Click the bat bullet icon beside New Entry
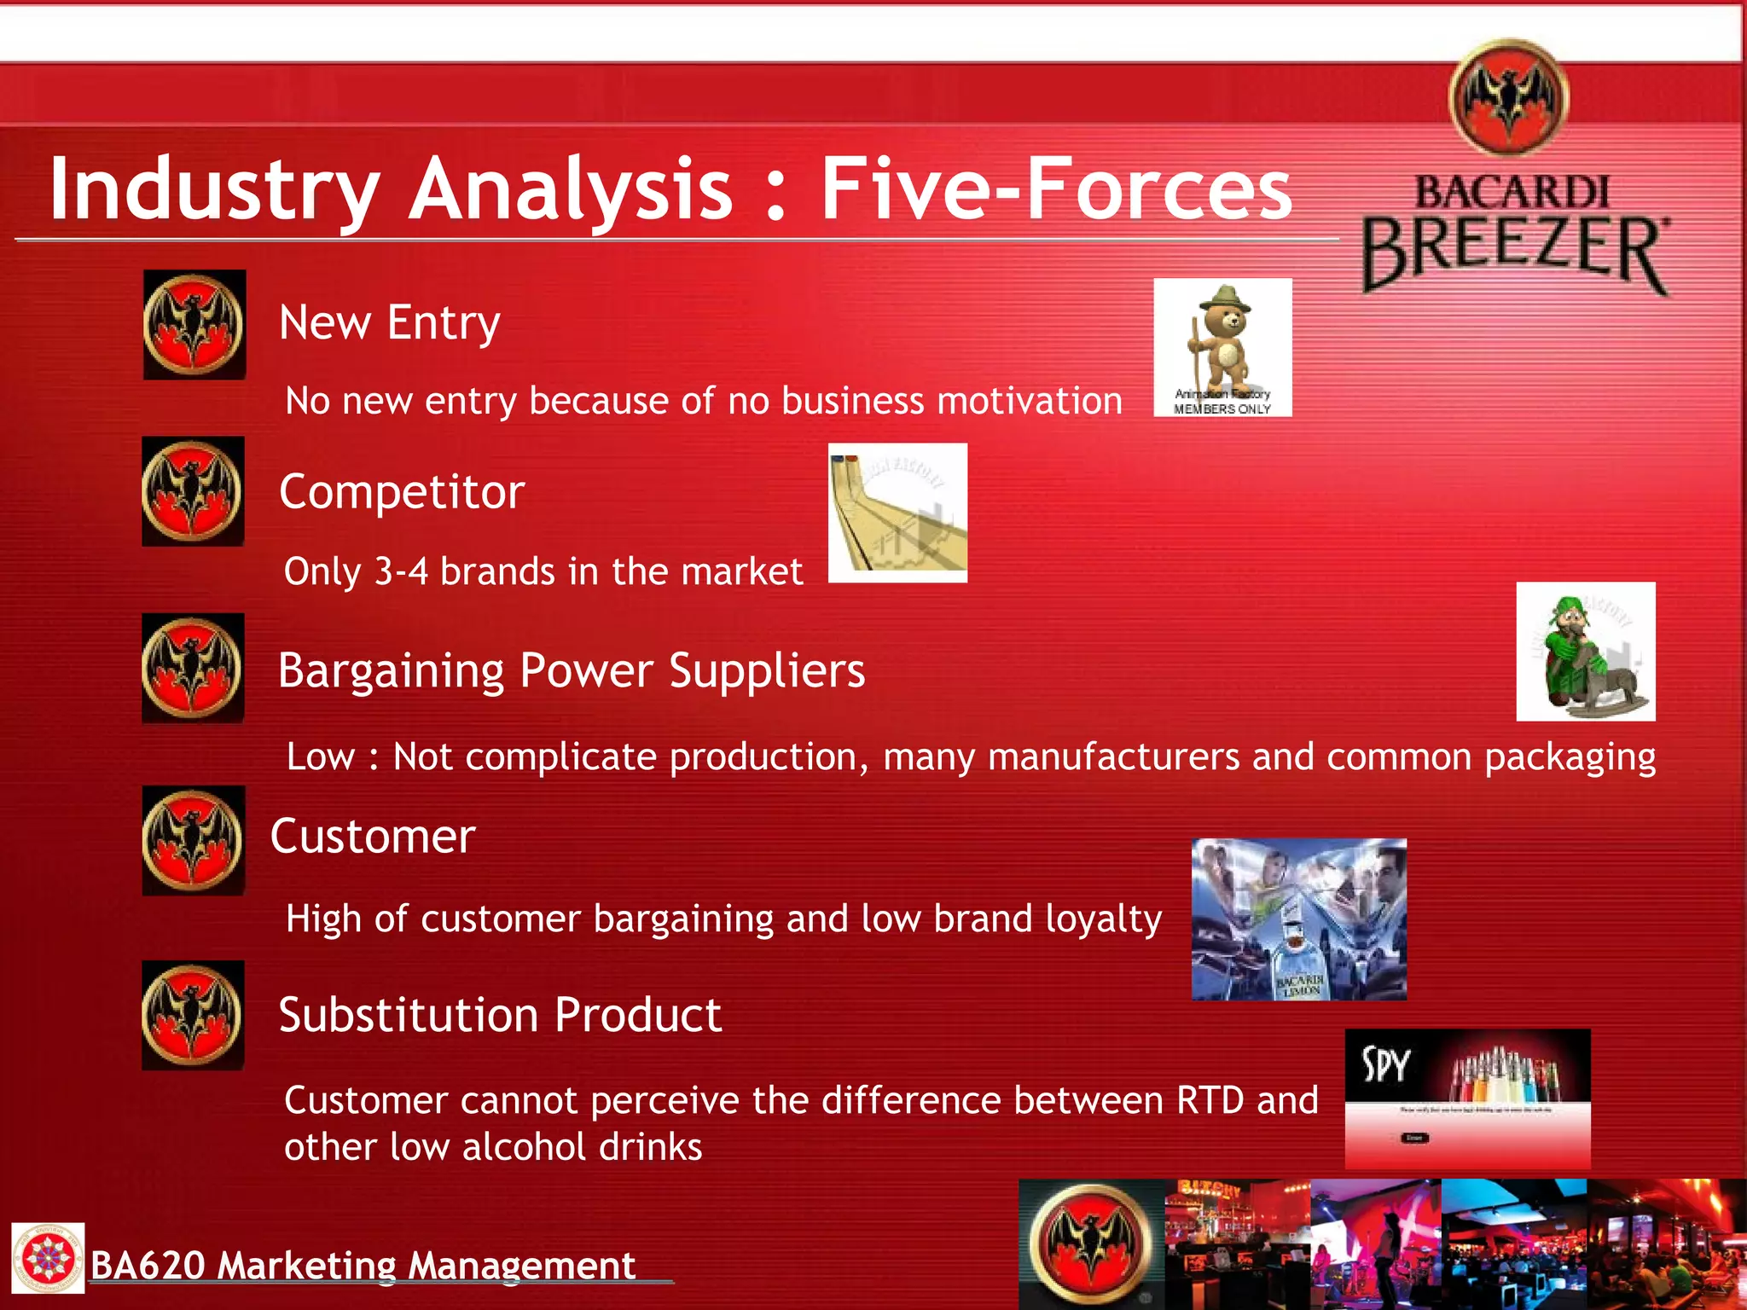(x=194, y=325)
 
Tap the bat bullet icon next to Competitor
(x=193, y=492)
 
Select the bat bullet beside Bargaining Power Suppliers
(x=193, y=669)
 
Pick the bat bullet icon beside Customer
(x=193, y=841)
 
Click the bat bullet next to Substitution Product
(x=193, y=1016)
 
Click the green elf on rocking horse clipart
(x=1586, y=652)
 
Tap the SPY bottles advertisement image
(x=1467, y=1098)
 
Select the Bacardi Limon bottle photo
(x=1298, y=919)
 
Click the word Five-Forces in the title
(x=1056, y=188)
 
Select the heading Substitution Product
(x=500, y=1015)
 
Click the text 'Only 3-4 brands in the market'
(x=543, y=571)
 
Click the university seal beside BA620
(x=48, y=1258)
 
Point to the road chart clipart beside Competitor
(x=897, y=513)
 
